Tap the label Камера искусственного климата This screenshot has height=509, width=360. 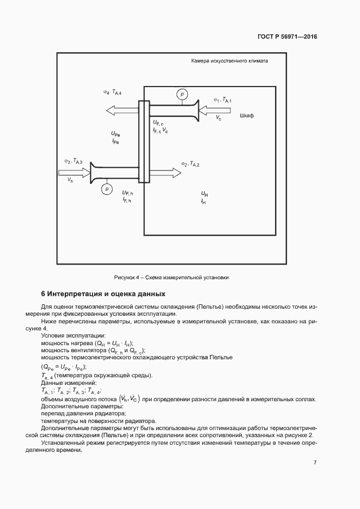229,61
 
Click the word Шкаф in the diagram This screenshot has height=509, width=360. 247,116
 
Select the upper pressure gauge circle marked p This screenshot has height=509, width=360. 181,95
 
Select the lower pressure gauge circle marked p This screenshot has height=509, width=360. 107,188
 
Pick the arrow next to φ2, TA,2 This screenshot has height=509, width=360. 166,173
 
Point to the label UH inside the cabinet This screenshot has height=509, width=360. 204,193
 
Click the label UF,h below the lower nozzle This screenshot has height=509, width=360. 128,193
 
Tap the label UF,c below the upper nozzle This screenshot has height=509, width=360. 159,123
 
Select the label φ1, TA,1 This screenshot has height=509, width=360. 223,100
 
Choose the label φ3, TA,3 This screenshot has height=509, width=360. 74,161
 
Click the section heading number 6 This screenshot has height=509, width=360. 43,293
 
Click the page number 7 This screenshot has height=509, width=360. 315,462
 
